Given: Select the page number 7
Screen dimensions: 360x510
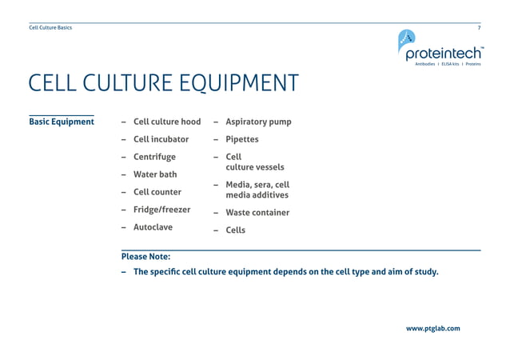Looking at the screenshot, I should pyautogui.click(x=479, y=28).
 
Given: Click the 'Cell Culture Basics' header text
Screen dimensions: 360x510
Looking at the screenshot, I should pyautogui.click(x=50, y=28).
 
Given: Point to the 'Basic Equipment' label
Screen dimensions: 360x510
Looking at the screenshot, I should pyautogui.click(x=62, y=122).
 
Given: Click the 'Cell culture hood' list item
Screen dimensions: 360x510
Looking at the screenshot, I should pyautogui.click(x=167, y=122).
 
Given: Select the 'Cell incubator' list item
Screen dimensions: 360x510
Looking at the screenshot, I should pyautogui.click(x=161, y=139).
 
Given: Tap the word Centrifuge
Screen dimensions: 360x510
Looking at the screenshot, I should pyautogui.click(x=154, y=157).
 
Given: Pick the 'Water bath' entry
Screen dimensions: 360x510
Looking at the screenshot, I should pyautogui.click(x=155, y=174).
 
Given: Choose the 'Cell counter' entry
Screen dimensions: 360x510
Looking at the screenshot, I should pyautogui.click(x=157, y=192).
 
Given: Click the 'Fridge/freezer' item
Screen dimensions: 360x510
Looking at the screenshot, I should pyautogui.click(x=161, y=210).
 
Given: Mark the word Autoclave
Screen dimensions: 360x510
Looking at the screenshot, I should pyautogui.click(x=153, y=227).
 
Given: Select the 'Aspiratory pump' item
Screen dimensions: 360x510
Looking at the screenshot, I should pyautogui.click(x=258, y=122).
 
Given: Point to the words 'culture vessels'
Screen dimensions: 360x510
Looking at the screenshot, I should pyautogui.click(x=254, y=168).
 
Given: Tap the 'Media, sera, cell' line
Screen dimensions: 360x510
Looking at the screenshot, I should pyautogui.click(x=257, y=185).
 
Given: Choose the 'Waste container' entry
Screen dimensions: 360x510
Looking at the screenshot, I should pyautogui.click(x=257, y=213).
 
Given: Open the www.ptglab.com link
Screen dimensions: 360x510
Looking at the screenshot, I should pyautogui.click(x=432, y=328).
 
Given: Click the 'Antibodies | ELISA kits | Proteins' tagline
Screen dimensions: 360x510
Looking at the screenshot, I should pyautogui.click(x=448, y=64).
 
